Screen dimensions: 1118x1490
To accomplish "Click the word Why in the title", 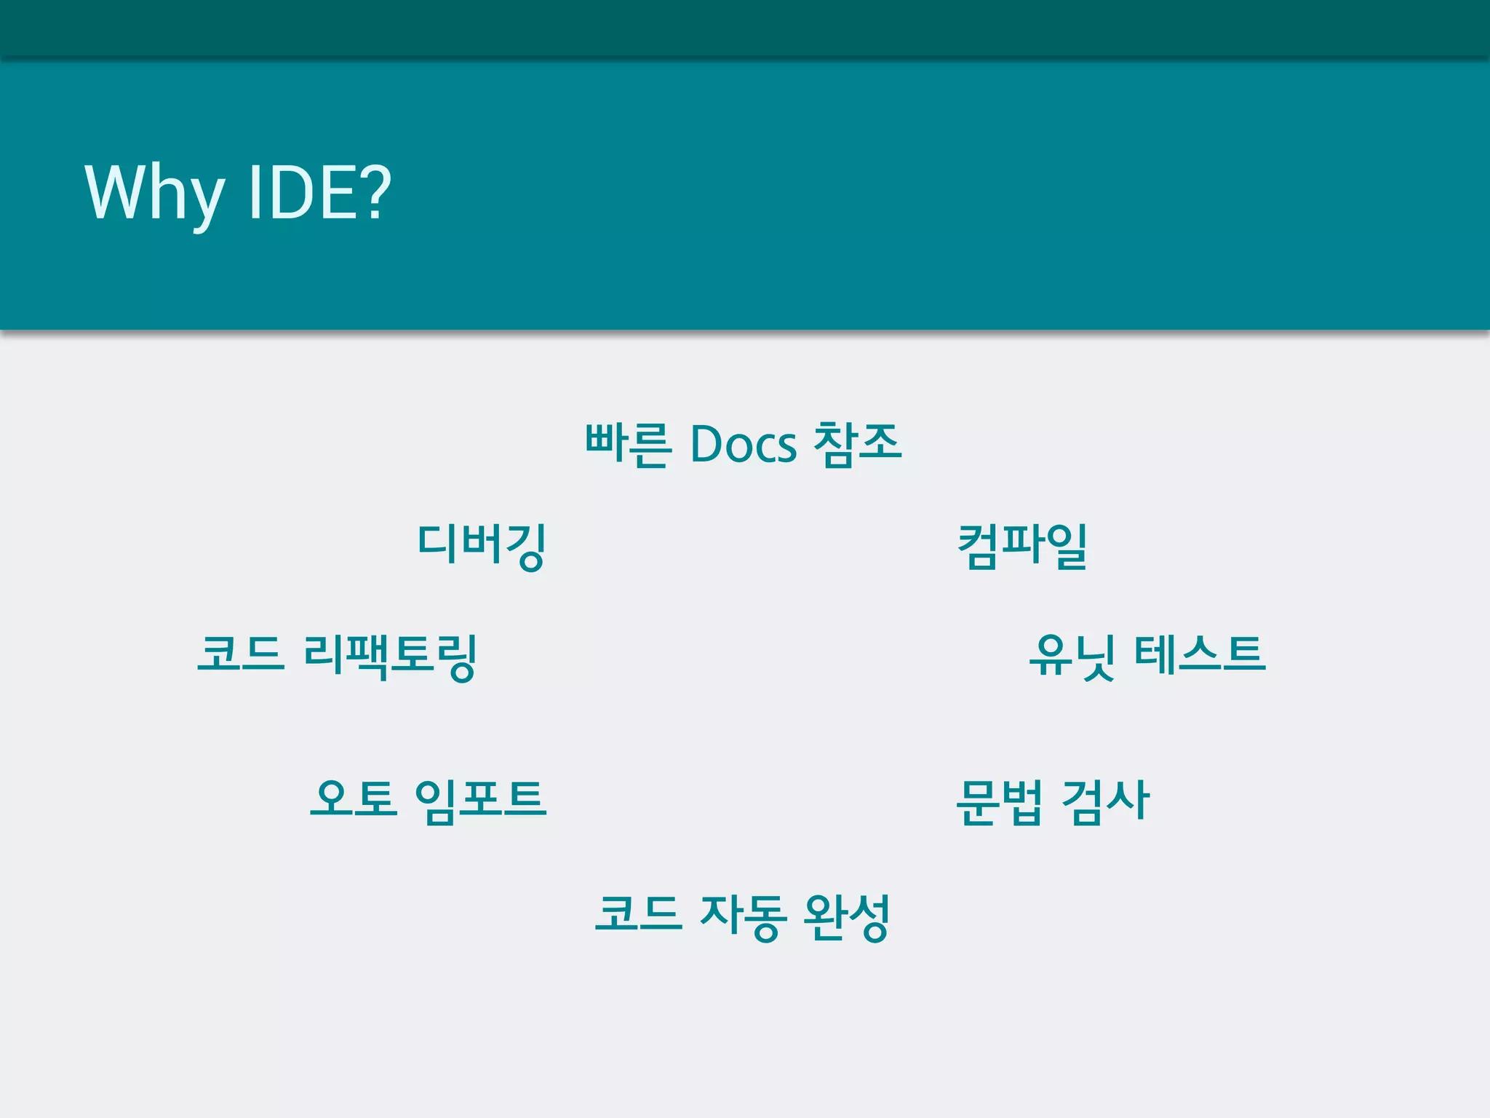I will pos(154,193).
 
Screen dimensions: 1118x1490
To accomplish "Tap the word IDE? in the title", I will pos(319,192).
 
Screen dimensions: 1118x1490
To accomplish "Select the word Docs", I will pos(743,444).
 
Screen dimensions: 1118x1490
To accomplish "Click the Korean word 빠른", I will pos(627,443).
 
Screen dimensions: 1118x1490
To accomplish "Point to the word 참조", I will pos(857,443).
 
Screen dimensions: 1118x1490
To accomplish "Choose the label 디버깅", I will pos(482,546).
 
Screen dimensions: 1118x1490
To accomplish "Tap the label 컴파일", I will pos(1022,546).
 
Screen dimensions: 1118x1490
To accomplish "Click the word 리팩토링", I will pos(390,656).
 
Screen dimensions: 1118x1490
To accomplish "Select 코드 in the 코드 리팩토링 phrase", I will pos(240,653).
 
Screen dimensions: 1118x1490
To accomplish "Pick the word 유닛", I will pos(1072,656).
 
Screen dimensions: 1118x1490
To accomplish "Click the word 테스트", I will pos(1200,653).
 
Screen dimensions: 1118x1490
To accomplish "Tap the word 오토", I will pos(354,798).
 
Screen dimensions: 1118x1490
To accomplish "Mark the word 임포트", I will pos(480,801).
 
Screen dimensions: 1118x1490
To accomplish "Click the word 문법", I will pos(999,801).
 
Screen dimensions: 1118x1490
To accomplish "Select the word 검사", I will pos(1105,801).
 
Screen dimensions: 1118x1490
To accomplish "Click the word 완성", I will pos(847,916).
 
